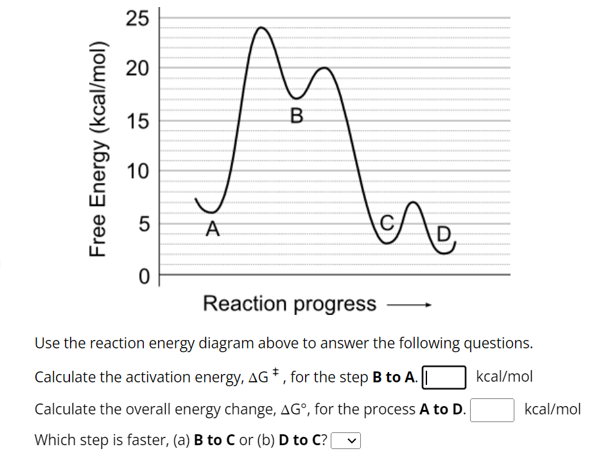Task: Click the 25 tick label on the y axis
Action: pyautogui.click(x=137, y=19)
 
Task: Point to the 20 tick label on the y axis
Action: pyautogui.click(x=137, y=69)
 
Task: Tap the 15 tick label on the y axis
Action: pyautogui.click(x=137, y=120)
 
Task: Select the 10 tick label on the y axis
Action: pyautogui.click(x=137, y=171)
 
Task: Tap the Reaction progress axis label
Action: pyautogui.click(x=290, y=303)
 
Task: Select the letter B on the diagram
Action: pyautogui.click(x=296, y=115)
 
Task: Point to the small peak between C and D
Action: pyautogui.click(x=414, y=204)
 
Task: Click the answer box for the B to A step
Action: pyautogui.click(x=443, y=377)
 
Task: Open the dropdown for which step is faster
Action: pyautogui.click(x=345, y=441)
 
